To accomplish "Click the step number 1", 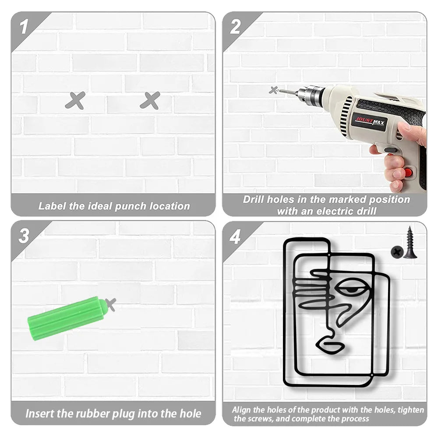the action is pyautogui.click(x=24, y=27).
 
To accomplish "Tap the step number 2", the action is pyautogui.click(x=235, y=27).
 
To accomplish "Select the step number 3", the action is pyautogui.click(x=24, y=236).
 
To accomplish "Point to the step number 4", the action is pyautogui.click(x=235, y=237).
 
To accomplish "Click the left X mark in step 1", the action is pyautogui.click(x=75, y=101).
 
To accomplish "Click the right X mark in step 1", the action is pyautogui.click(x=150, y=101).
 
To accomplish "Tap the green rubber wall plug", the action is pyautogui.click(x=67, y=318).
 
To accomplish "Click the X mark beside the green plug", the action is pyautogui.click(x=111, y=304).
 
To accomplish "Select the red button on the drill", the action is pyautogui.click(x=408, y=172).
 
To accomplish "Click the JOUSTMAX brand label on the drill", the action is pyautogui.click(x=370, y=122).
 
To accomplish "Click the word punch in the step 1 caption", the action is pyautogui.click(x=131, y=206).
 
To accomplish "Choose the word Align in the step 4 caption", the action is pyautogui.click(x=241, y=410).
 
